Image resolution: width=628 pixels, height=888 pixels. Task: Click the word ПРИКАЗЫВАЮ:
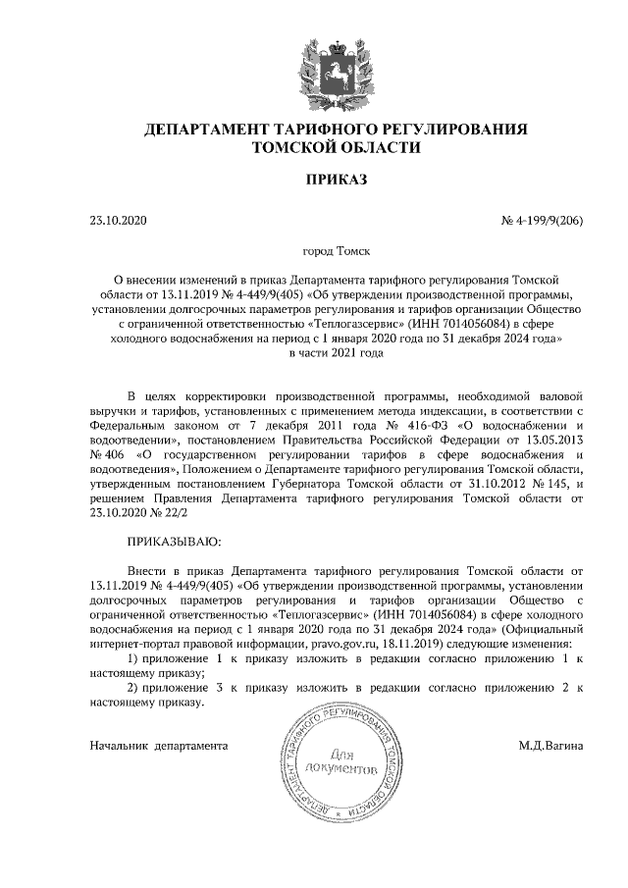pos(175,541)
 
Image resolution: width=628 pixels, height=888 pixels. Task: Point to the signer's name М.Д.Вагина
pos(551,746)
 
